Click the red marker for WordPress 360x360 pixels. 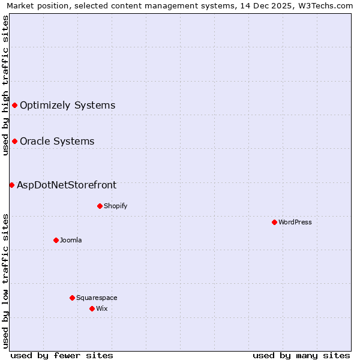274,222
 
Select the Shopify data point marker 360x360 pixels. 100,206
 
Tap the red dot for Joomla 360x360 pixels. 56,240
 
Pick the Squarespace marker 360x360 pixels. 72,298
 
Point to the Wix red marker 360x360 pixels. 92,308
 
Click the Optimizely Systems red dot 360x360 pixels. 14,106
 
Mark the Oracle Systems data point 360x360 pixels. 14,142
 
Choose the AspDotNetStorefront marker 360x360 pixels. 11,185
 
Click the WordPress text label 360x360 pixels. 295,222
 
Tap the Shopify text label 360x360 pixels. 115,206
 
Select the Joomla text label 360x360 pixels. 71,240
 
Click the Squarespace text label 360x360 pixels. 97,298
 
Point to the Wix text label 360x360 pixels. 102,308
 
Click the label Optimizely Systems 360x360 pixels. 67,106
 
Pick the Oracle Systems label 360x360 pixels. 57,142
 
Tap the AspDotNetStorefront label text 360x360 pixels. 67,185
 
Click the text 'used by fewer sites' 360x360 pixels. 62,355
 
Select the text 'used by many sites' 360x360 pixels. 301,355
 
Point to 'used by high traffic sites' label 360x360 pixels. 5,85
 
